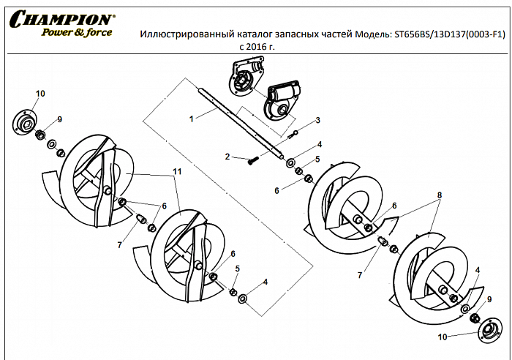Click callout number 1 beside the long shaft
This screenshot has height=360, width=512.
tap(191, 117)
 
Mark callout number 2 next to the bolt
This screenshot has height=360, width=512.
tap(228, 157)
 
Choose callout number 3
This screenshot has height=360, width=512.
tap(317, 120)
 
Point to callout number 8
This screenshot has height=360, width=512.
tap(439, 196)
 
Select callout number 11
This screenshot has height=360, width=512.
tap(176, 171)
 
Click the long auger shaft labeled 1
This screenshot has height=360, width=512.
tap(241, 123)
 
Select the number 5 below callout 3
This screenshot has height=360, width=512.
tap(317, 159)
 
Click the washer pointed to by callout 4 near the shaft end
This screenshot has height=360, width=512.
tap(291, 162)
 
